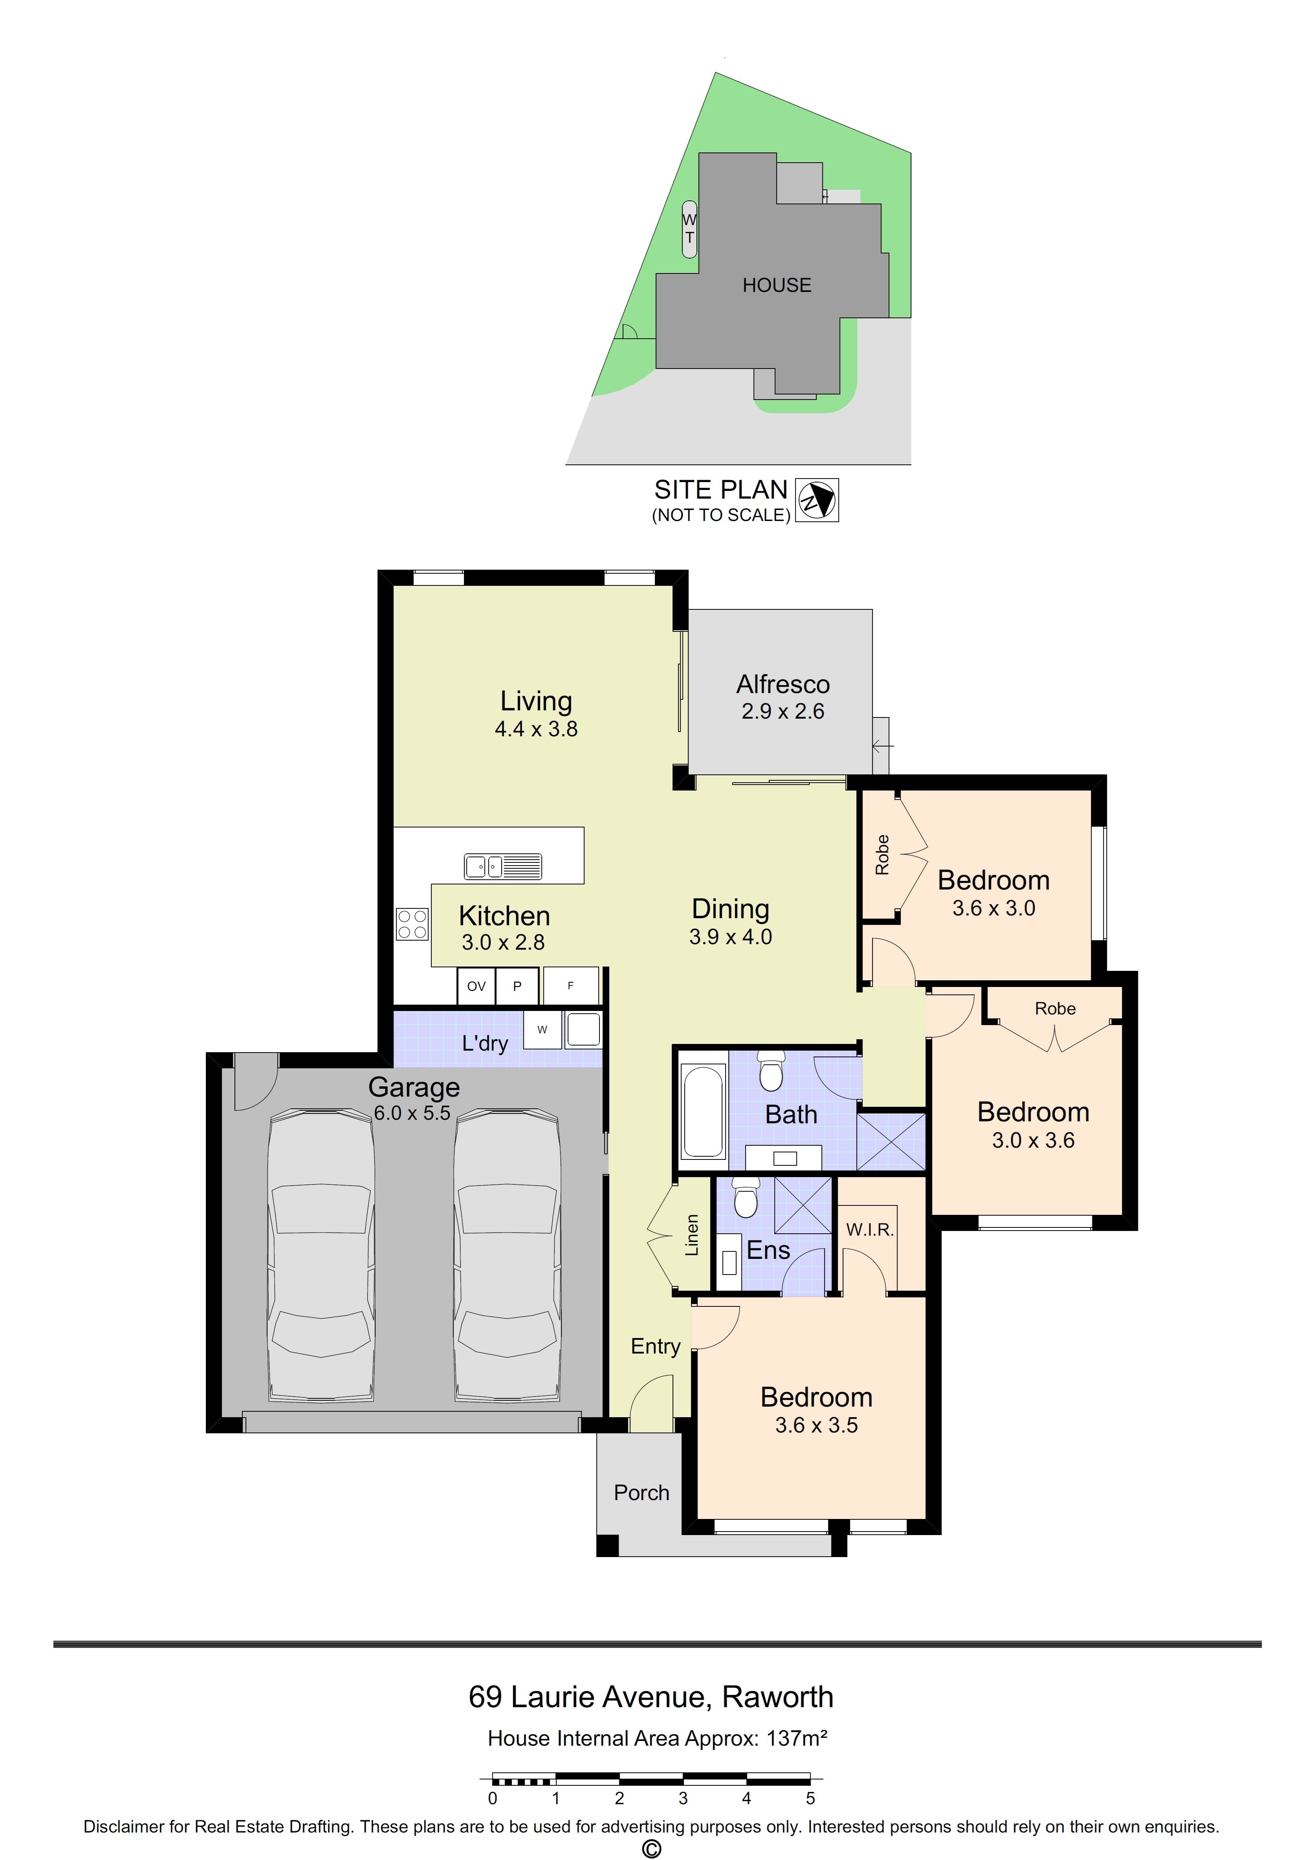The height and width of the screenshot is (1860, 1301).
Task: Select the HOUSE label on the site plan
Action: [777, 285]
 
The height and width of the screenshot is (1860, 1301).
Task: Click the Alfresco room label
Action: [782, 684]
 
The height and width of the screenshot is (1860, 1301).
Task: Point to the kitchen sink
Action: [502, 866]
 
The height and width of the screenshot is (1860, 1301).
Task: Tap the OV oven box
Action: [476, 986]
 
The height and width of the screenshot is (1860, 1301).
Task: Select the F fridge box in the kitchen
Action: [570, 986]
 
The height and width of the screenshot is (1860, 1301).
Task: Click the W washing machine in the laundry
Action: [542, 1030]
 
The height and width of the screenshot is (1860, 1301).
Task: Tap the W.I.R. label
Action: [869, 1230]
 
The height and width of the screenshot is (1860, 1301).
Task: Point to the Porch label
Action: [641, 1492]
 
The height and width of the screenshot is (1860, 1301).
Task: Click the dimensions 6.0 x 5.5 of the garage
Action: [412, 1113]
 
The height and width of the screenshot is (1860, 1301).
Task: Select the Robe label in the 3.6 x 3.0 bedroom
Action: [882, 855]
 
